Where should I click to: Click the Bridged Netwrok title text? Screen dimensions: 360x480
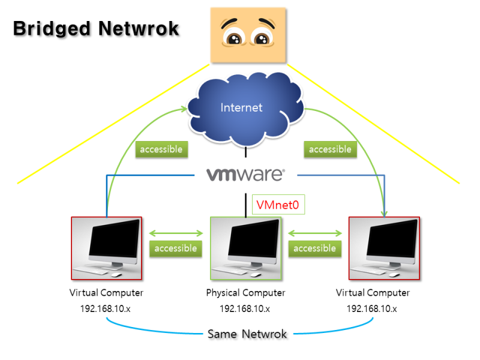(x=96, y=28)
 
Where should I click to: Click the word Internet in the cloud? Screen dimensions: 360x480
(x=241, y=107)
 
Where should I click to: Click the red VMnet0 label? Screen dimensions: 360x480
(x=277, y=205)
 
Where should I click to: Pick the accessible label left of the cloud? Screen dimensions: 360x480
(x=161, y=149)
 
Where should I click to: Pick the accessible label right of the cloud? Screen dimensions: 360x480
(x=329, y=149)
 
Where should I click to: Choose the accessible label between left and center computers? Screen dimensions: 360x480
(x=176, y=248)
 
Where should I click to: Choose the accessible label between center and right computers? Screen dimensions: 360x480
(x=314, y=248)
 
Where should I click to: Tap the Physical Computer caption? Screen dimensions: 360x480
(x=245, y=293)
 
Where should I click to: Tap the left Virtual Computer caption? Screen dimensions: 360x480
(x=107, y=293)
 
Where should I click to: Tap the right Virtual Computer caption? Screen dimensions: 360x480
(x=373, y=293)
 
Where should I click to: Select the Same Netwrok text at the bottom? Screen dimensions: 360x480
(x=247, y=334)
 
